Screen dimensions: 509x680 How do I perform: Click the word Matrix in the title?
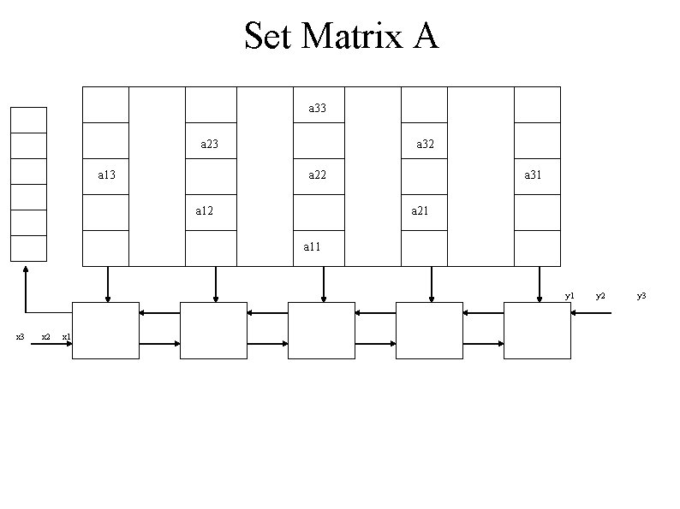353,37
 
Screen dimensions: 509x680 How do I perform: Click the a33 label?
317,109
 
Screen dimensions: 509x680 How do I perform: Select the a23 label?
209,145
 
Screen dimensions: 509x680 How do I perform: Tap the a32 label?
425,145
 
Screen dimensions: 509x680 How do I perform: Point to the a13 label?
106,175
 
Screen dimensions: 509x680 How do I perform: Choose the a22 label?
317,175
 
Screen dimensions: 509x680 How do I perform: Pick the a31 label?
533,175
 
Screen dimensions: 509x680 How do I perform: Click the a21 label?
420,210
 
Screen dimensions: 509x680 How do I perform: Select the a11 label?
312,246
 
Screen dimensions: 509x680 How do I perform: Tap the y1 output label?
570,296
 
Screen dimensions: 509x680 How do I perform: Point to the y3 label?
641,296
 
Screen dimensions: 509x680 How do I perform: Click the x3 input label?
21,336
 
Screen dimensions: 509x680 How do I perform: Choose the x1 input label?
67,336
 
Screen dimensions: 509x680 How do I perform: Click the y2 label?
601,296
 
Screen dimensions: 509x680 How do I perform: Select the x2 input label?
46,336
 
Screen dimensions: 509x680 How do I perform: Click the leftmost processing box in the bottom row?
105,330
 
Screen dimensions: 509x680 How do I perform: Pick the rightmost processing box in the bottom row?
537,330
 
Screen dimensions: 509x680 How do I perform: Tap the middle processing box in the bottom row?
321,330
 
